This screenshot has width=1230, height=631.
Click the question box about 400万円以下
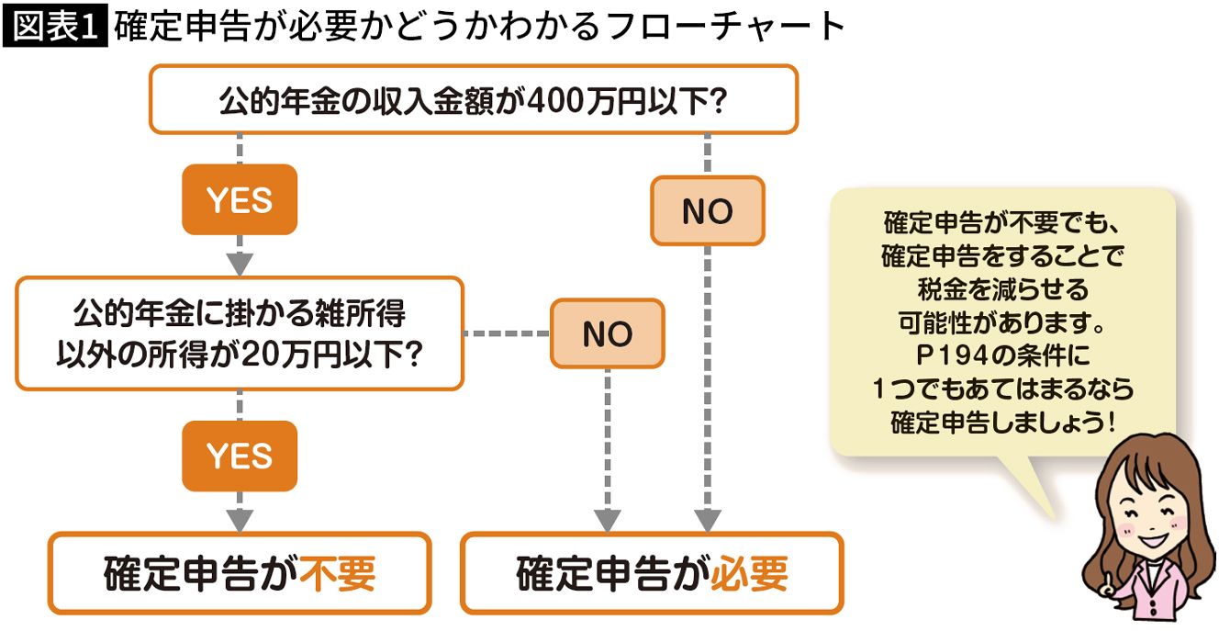click(473, 98)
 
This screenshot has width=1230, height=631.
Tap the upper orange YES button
click(240, 199)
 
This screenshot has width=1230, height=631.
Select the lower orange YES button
click(240, 456)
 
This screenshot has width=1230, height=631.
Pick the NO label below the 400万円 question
click(707, 211)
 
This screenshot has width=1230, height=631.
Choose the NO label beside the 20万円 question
click(607, 333)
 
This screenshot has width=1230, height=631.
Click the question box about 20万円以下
click(239, 333)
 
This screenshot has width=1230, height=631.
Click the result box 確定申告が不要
click(239, 574)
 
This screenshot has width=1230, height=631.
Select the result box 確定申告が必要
click(651, 574)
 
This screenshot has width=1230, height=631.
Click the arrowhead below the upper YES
click(240, 263)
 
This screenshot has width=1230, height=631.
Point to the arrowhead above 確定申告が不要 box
click(240, 519)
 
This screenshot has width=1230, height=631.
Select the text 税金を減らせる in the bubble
click(1002, 290)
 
